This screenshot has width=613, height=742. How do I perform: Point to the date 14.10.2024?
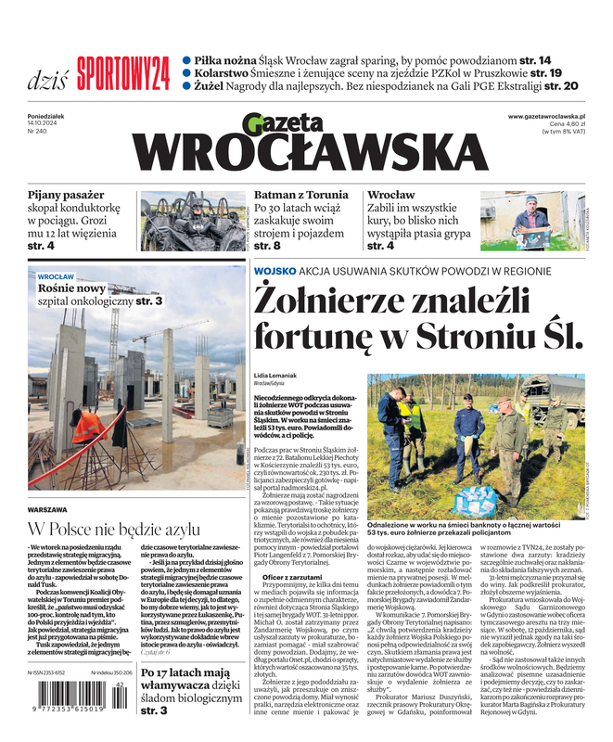click(x=45, y=123)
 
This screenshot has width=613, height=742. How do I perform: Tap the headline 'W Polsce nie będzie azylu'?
click(x=113, y=530)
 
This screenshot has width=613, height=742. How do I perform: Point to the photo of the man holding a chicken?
click(x=530, y=221)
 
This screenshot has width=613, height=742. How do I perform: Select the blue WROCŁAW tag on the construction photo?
click(x=57, y=276)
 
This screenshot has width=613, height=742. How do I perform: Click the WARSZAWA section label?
click(x=47, y=510)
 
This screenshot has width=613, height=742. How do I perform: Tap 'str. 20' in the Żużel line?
click(x=567, y=85)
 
